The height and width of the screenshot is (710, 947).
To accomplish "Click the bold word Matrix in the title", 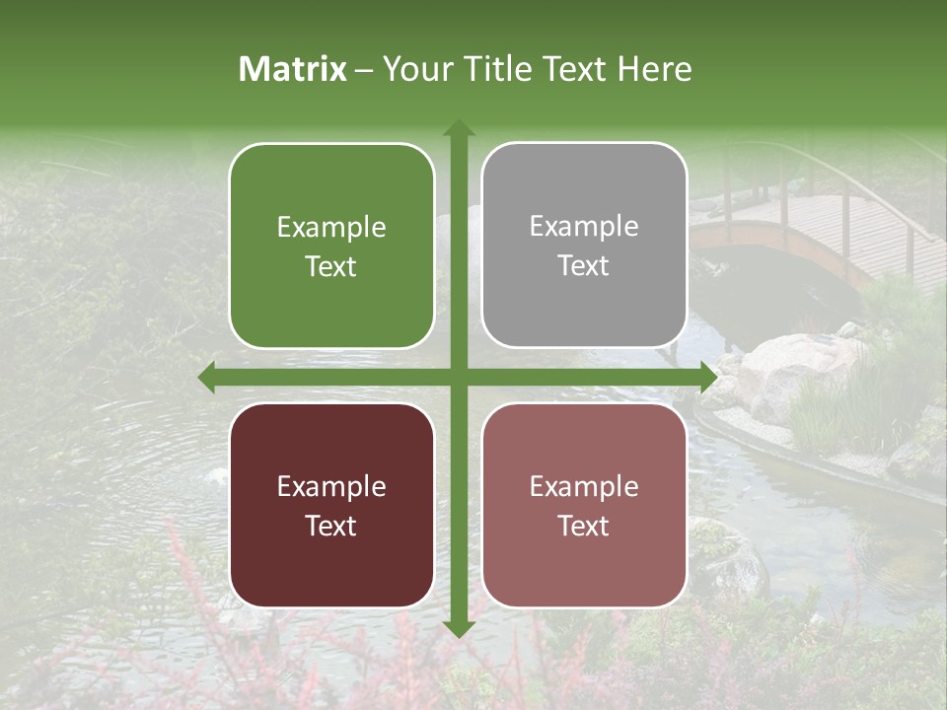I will tap(293, 69).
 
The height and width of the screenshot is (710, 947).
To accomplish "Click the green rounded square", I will tap(331, 246).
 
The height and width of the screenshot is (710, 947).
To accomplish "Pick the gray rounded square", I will tap(584, 246).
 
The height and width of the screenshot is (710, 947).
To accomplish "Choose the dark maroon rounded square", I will tap(331, 505).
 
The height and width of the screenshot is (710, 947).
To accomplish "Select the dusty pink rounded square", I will tap(584, 505).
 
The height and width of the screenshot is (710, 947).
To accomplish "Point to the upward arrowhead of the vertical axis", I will tap(458, 129).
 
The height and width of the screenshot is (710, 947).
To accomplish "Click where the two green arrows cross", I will tap(458, 377).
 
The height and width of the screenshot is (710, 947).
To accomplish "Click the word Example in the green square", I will tap(331, 227).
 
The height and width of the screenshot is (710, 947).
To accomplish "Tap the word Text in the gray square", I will tap(584, 266).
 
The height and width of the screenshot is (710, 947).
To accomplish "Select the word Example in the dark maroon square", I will tap(331, 486).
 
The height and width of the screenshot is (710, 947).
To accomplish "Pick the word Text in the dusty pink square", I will tap(584, 526).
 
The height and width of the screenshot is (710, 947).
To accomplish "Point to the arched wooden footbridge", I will tap(809, 227).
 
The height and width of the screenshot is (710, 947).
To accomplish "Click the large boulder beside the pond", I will tap(789, 370).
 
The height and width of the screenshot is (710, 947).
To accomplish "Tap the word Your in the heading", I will tap(414, 69).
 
